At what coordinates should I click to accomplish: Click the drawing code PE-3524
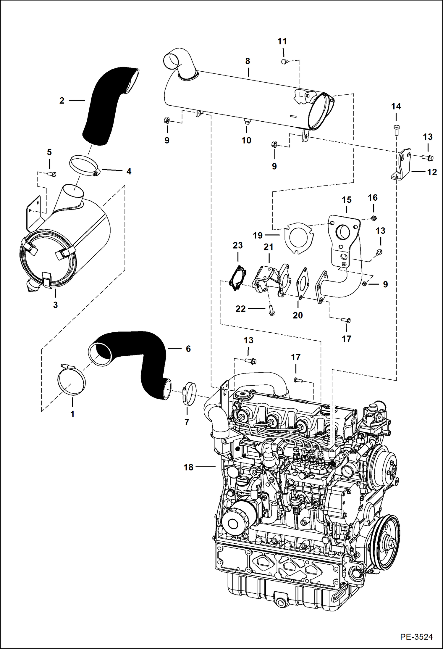coord(416,637)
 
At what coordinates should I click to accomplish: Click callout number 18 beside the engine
coord(188,467)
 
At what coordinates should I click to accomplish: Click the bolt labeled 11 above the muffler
coord(284,62)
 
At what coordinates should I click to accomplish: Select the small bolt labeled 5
coord(52,174)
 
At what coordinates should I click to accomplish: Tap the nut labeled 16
coord(373,218)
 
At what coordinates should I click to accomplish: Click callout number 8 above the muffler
coord(248,61)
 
